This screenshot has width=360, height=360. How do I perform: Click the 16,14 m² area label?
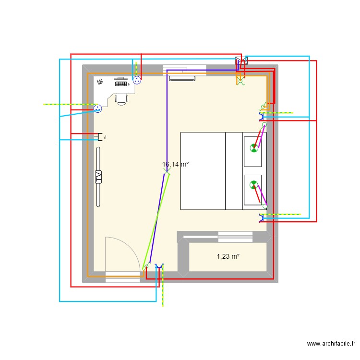point(175,164)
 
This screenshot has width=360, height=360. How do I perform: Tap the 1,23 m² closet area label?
point(228,257)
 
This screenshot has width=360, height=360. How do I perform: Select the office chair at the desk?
point(121,98)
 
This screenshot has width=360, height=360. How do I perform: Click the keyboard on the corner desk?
point(122,84)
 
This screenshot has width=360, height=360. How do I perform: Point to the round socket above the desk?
point(137,81)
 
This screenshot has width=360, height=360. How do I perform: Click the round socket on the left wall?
point(97,109)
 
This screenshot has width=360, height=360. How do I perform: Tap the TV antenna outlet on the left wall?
point(101,137)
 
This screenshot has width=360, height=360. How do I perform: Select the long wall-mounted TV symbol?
point(99,177)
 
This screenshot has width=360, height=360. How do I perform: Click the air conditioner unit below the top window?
point(181,78)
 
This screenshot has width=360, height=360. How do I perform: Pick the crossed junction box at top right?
point(241,61)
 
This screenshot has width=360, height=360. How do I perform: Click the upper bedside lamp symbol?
point(253,148)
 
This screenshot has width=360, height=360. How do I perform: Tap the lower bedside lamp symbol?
point(253,184)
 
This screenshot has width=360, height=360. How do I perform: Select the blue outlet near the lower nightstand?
point(262,218)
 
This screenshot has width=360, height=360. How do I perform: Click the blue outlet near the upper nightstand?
point(262,117)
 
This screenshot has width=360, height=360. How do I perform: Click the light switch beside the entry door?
point(146,267)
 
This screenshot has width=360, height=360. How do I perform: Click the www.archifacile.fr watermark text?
point(331,344)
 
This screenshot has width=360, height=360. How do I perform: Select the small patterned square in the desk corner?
point(100,82)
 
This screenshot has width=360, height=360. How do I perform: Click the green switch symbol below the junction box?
point(240,81)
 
